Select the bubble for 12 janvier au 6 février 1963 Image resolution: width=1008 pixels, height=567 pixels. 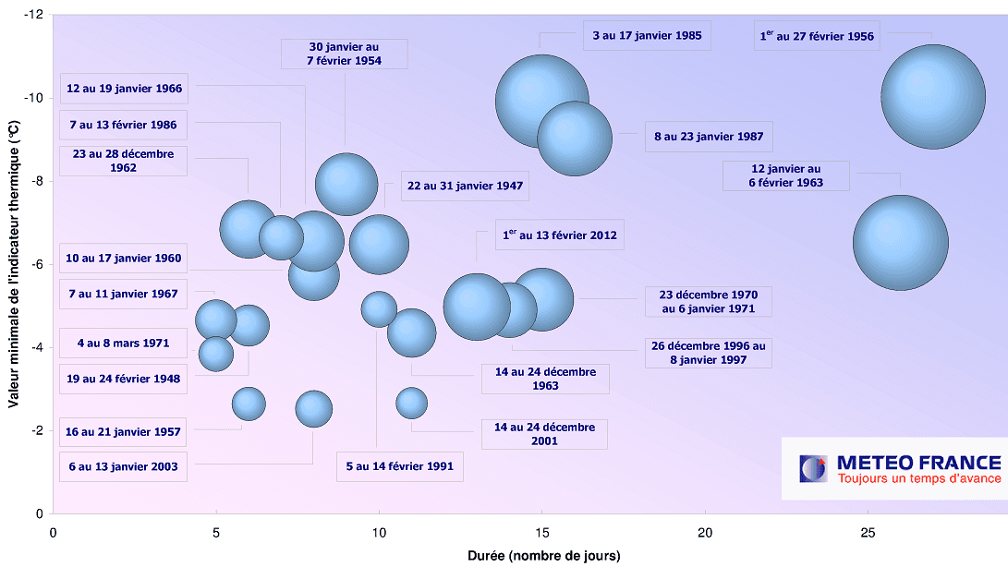tap(901, 243)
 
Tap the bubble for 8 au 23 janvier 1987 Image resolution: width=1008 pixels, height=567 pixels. tap(575, 138)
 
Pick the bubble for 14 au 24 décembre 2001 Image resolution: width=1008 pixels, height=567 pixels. tap(412, 403)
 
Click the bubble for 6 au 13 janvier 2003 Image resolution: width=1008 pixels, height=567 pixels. tap(314, 408)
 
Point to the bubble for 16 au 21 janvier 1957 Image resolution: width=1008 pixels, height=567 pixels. tap(249, 403)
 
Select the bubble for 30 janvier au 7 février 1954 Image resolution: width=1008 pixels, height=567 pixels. tap(346, 183)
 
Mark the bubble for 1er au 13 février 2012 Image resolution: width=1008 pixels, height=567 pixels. tap(477, 307)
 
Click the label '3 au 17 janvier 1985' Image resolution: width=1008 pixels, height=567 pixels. tap(647, 37)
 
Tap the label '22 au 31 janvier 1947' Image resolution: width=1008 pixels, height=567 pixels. tap(465, 186)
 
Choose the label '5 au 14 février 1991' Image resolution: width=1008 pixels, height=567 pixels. tap(400, 466)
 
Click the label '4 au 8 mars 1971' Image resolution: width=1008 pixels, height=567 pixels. tap(123, 343)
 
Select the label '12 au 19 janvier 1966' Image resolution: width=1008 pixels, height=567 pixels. tap(124, 90)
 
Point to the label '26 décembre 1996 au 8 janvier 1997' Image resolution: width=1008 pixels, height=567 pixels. tap(708, 354)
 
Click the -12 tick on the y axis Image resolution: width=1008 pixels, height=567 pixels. tap(34, 15)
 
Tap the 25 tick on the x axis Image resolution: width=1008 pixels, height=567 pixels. tap(868, 533)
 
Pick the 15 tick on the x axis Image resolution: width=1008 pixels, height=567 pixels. tap(541, 533)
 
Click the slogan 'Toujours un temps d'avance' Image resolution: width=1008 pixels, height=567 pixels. tap(918, 478)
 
